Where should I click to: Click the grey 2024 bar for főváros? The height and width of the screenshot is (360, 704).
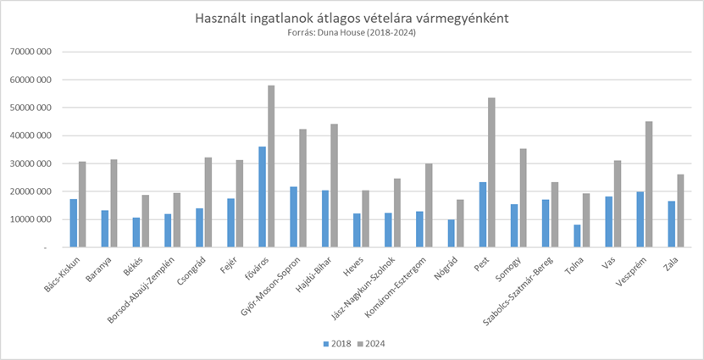pos(271,166)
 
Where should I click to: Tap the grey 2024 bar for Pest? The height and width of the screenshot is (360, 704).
pos(491,172)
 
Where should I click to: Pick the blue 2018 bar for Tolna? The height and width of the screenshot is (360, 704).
pos(576,235)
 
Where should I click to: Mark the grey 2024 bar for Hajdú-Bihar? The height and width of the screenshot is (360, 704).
pos(334,186)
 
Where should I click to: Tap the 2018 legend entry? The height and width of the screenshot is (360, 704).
pos(336,343)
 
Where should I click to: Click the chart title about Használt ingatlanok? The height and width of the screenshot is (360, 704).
pos(352,18)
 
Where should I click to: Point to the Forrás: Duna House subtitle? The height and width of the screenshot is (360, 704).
pos(352,33)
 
